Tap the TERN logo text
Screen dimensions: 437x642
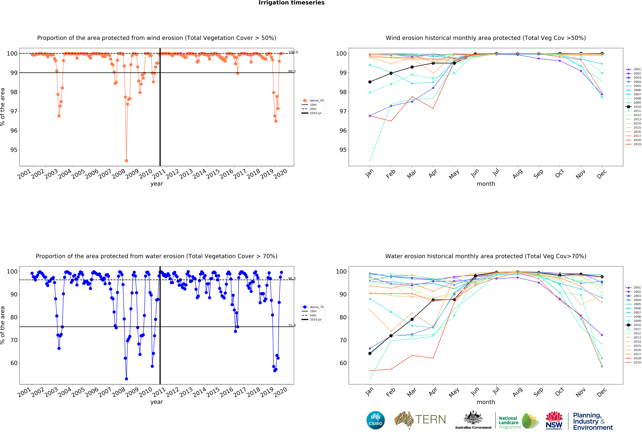tap(430, 420)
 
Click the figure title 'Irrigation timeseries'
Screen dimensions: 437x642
tap(291, 3)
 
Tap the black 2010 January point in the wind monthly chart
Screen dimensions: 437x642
tap(370, 82)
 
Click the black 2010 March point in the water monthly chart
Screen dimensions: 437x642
tap(412, 319)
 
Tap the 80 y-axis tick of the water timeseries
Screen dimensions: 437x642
tap(14, 317)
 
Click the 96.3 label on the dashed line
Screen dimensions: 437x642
tap(292, 279)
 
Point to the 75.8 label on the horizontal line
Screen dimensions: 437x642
tap(292, 326)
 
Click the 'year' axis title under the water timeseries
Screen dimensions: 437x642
tap(157, 402)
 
